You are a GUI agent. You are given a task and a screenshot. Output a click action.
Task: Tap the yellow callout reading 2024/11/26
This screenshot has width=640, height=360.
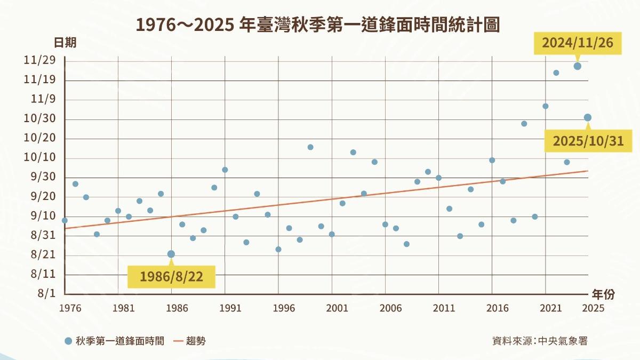578,43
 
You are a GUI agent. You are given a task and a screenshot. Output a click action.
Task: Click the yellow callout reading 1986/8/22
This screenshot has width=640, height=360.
171,277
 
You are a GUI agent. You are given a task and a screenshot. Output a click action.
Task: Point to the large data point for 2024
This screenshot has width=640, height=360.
577,66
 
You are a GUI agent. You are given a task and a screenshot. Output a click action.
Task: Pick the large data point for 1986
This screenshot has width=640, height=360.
171,254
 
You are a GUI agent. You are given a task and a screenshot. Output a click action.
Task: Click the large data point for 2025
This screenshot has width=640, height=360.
587,118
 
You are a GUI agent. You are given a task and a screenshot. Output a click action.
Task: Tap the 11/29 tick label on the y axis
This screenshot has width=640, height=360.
39,61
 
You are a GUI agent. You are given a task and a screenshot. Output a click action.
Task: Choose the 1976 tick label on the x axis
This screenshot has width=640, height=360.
67,308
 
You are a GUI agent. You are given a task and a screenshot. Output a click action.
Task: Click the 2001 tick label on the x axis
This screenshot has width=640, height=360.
337,308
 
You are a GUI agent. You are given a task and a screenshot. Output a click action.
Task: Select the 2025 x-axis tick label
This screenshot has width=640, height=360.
593,308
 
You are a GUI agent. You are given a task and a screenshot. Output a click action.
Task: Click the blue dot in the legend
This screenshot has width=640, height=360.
68,341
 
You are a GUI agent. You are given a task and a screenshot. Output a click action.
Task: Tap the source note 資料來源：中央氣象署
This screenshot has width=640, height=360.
539,341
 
